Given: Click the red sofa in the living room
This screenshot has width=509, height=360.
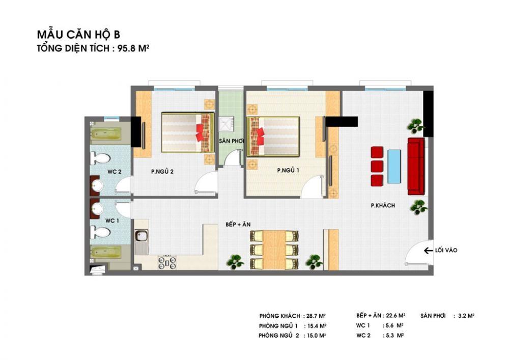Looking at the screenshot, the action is click(x=416, y=166).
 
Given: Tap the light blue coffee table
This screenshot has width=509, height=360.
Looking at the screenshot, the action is click(x=394, y=167).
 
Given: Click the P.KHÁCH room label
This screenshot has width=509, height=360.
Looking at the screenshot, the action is click(x=383, y=205).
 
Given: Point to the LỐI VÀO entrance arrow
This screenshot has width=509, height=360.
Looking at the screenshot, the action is click(x=428, y=251).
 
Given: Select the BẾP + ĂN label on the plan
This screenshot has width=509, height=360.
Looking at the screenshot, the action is click(x=238, y=225).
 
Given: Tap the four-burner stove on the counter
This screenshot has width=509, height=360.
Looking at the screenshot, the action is click(x=167, y=262).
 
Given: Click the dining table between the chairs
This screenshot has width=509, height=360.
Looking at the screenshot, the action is click(x=274, y=250).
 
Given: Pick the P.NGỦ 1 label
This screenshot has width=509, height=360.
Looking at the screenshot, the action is click(x=288, y=170).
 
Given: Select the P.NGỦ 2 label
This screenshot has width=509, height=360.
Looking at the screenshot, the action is click(x=162, y=172).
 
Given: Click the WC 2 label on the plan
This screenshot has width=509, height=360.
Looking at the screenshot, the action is click(x=114, y=172).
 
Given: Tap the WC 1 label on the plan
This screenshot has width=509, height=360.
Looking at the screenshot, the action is click(x=112, y=221).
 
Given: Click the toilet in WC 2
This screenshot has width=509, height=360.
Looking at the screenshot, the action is click(x=101, y=159).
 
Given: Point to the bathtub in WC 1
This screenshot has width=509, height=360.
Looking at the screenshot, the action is click(x=106, y=252).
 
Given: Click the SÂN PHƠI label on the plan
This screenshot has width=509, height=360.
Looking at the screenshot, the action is click(x=231, y=141).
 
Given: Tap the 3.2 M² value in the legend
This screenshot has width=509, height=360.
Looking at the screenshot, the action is click(x=466, y=315).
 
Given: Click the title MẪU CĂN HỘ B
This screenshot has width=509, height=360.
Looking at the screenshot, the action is click(x=78, y=35).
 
